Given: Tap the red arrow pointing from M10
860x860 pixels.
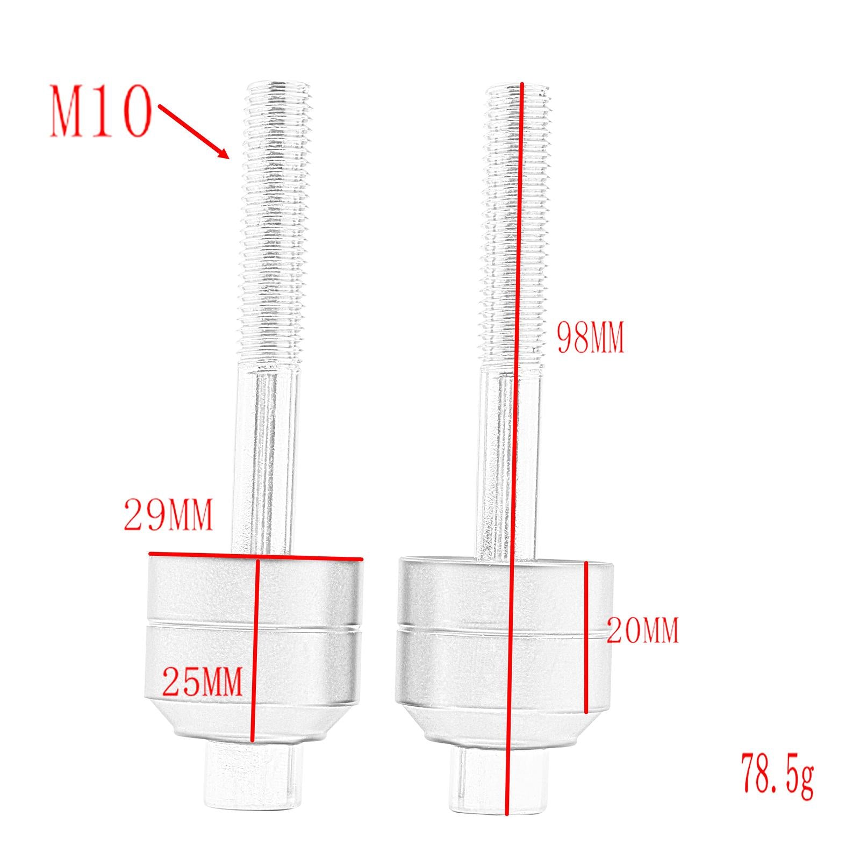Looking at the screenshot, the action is [194, 132].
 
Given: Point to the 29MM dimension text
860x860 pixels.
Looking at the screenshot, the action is [168, 514].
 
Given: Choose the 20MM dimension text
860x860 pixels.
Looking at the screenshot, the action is [643, 630].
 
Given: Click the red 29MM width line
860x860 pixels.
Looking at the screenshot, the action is [256, 556].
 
